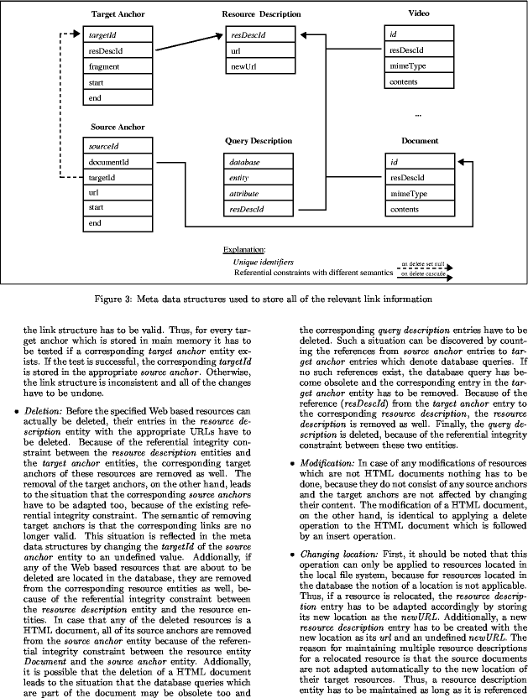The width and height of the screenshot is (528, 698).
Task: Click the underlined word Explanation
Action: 243,249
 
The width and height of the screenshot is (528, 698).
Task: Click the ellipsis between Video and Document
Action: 419,112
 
